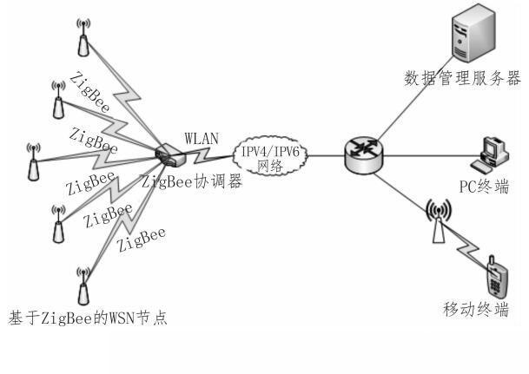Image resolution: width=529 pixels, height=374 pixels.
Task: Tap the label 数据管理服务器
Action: [x=462, y=79]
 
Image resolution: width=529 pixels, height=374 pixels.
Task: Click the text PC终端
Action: [x=484, y=187]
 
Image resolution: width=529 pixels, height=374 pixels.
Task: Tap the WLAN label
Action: [x=203, y=138]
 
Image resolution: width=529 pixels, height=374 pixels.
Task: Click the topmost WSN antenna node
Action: [x=83, y=32]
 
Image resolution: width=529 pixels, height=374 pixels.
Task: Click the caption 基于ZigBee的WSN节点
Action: [x=85, y=317]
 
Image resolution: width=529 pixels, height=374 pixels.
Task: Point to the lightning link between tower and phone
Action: [x=460, y=247]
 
